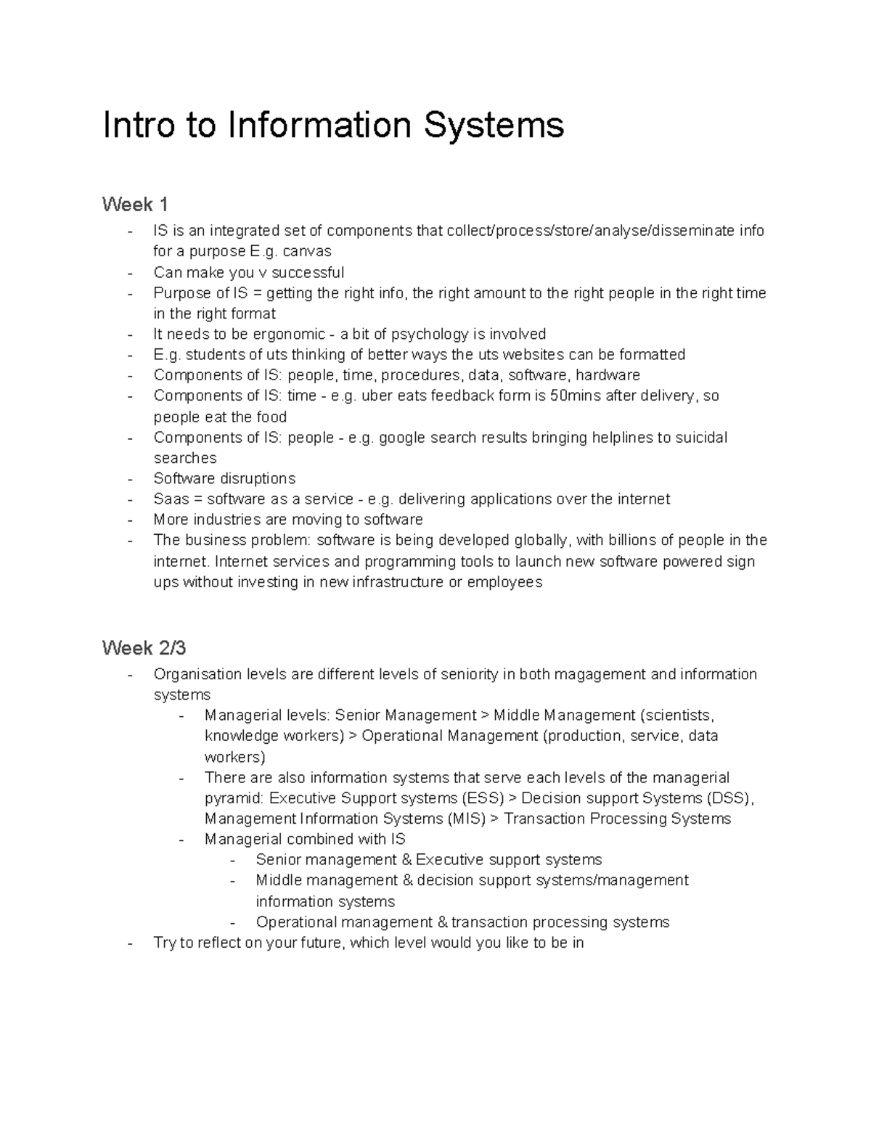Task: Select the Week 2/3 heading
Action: [144, 647]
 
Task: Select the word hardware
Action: [608, 375]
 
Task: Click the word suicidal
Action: [700, 438]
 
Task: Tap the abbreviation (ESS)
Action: [482, 798]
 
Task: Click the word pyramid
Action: [234, 799]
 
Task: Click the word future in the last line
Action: [321, 943]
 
